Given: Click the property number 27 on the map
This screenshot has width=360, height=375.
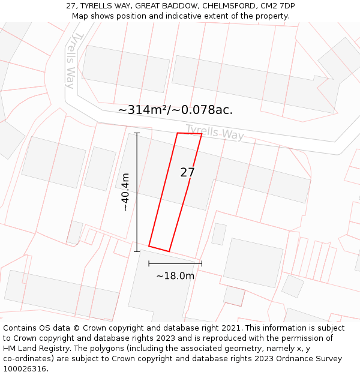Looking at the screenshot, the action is (187, 173).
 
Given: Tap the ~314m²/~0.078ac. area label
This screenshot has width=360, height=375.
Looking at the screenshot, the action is (175, 110).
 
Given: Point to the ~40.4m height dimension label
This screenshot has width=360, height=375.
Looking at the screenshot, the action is (124, 192).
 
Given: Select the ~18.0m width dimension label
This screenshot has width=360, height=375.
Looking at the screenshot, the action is (175, 276).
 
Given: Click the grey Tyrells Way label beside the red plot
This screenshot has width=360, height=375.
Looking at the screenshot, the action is (215, 132).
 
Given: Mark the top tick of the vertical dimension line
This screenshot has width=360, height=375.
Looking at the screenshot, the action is (137, 133).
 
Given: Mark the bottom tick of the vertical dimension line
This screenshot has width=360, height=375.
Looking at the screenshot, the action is (137, 251).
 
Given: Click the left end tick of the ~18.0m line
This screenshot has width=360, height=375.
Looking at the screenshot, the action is (149, 263).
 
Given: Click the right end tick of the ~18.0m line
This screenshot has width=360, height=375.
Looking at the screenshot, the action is (202, 263).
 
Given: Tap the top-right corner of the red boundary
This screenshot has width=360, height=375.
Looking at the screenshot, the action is (202, 134).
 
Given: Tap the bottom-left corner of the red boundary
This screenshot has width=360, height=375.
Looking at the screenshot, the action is (149, 245).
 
